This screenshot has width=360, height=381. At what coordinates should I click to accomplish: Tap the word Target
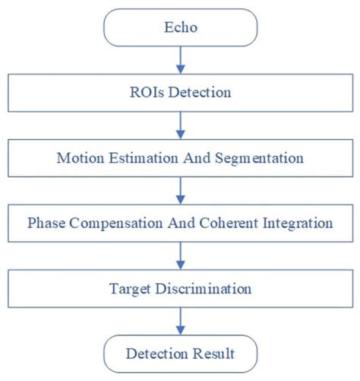pyautogui.click(x=128, y=290)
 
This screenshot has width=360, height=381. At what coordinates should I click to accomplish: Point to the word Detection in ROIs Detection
pyautogui.click(x=201, y=94)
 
